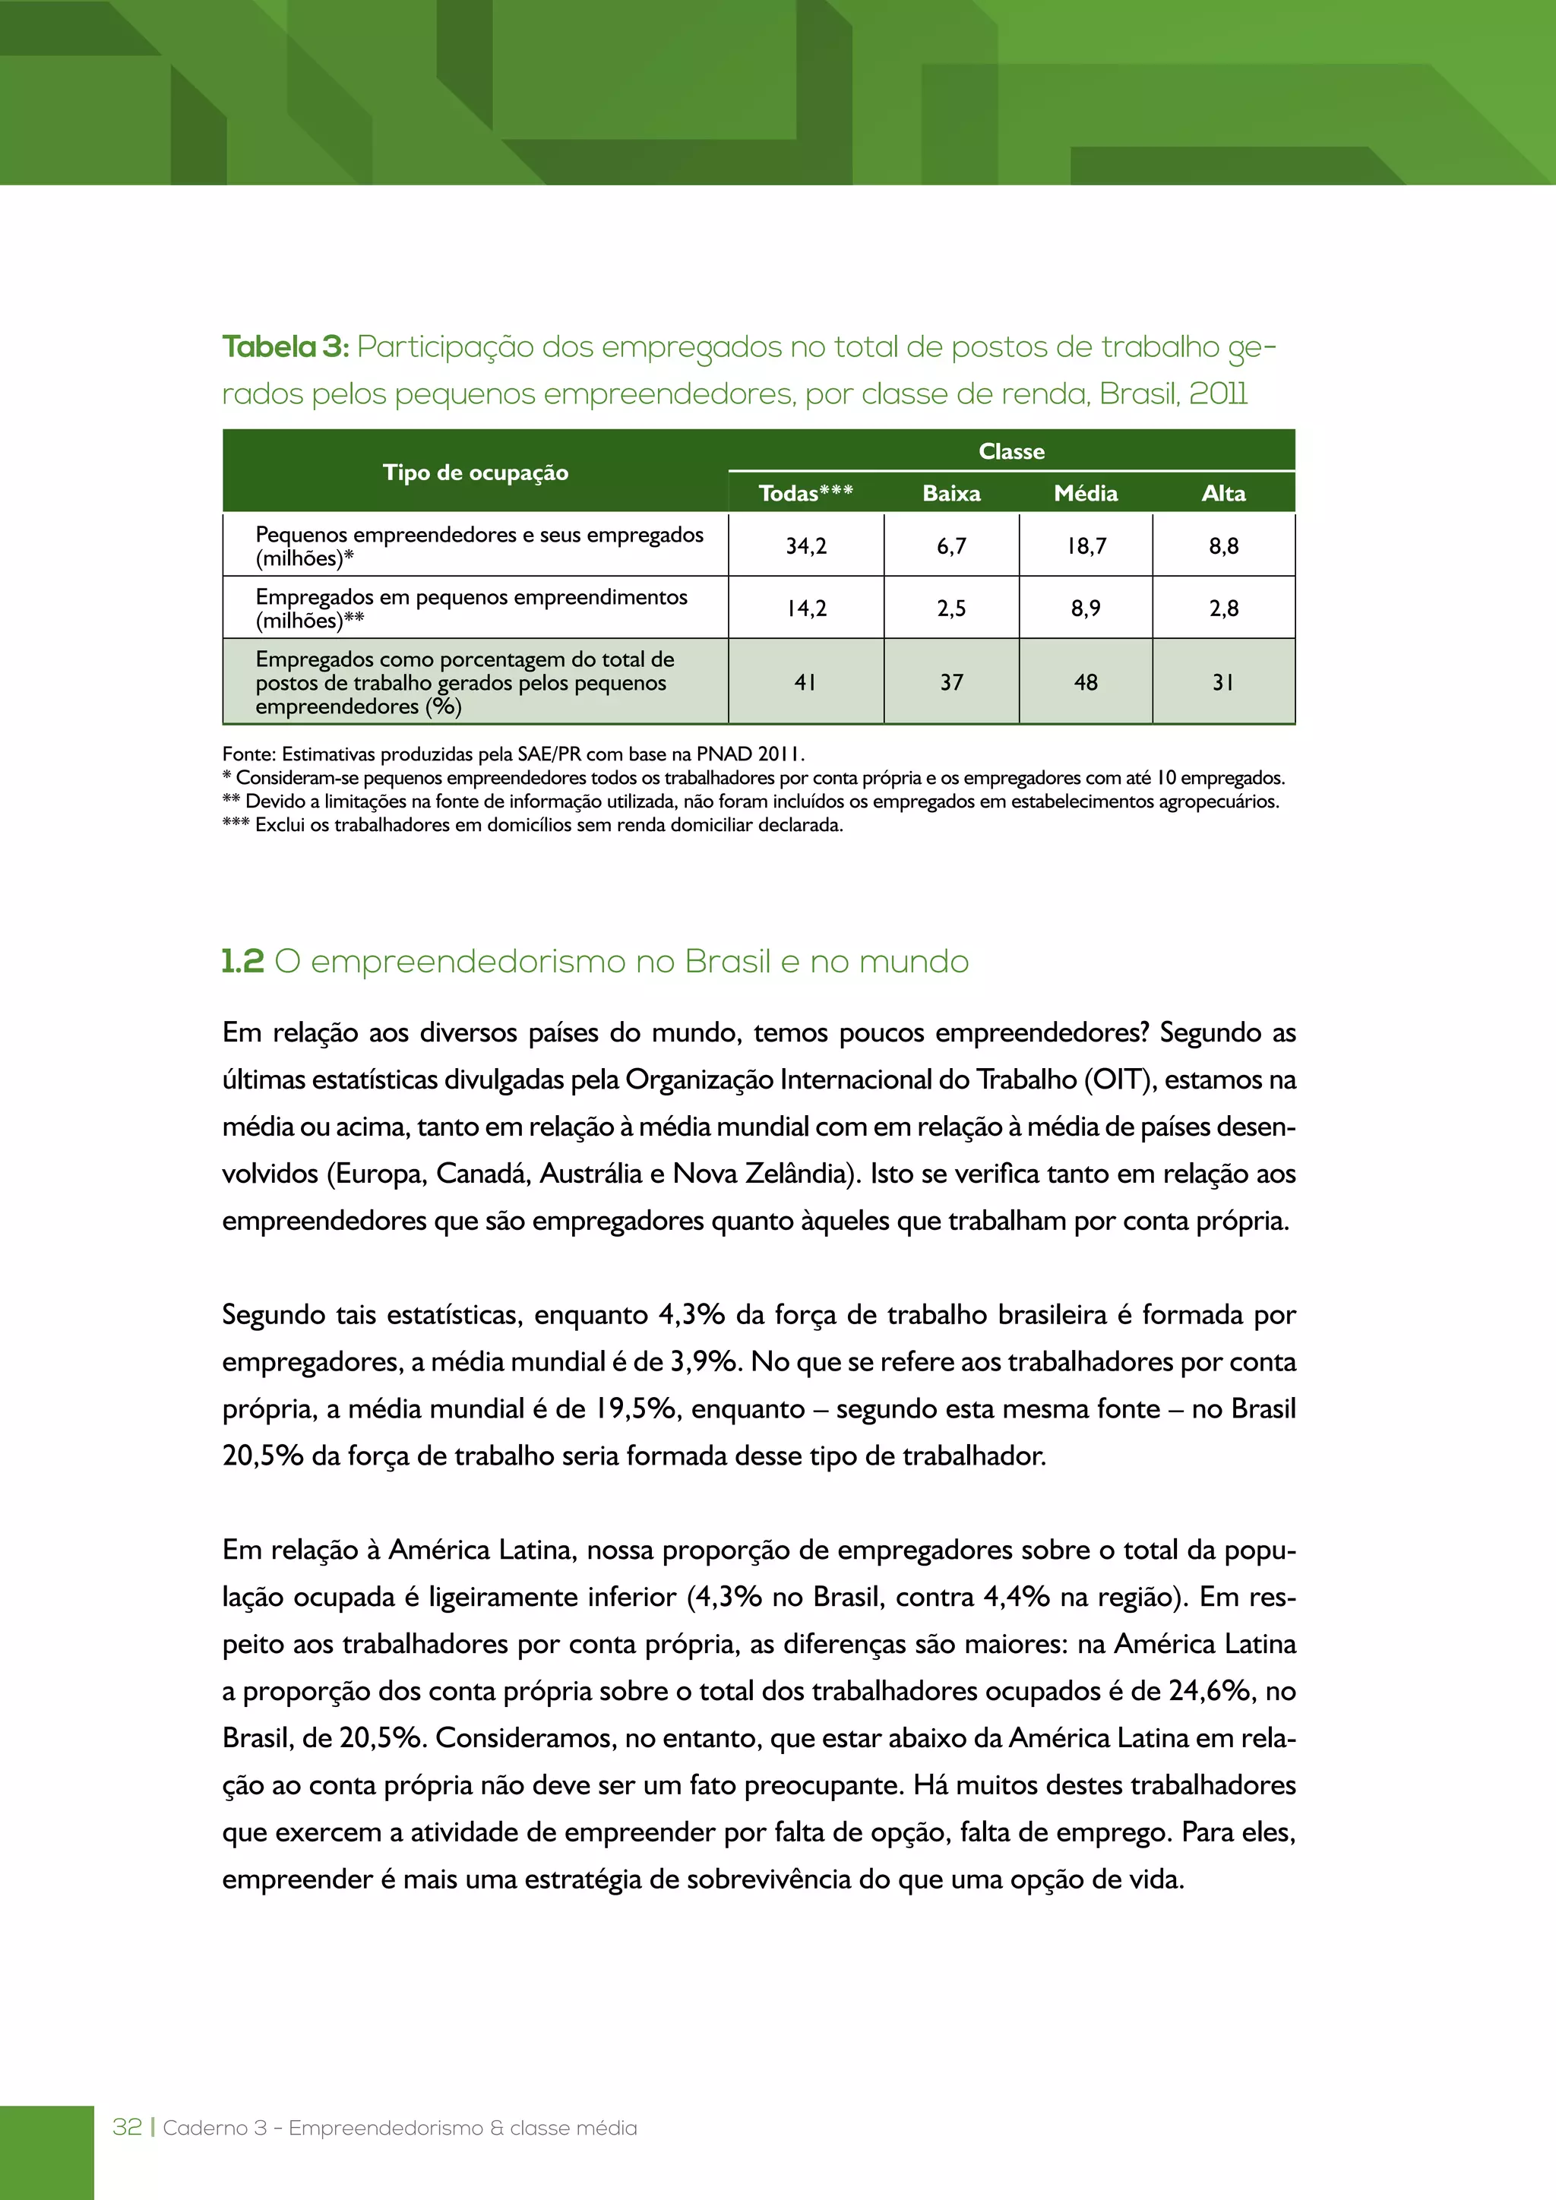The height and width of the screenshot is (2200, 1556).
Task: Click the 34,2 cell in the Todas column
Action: coord(806,546)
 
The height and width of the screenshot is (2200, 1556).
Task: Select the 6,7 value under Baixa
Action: coord(950,546)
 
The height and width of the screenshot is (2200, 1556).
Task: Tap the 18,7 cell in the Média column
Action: coord(1086,546)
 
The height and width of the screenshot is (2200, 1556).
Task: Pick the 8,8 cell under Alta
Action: coord(1222,546)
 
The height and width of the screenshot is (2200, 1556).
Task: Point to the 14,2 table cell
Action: coord(806,608)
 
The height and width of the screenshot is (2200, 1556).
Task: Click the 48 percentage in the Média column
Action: coord(1086,682)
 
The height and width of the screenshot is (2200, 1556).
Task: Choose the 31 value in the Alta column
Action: coord(1222,682)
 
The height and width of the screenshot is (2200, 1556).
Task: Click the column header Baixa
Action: coord(950,494)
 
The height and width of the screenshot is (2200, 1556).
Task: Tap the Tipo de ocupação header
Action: coord(475,473)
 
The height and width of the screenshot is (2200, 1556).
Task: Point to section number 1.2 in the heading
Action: coord(242,961)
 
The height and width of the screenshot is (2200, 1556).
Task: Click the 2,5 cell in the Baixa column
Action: coord(950,608)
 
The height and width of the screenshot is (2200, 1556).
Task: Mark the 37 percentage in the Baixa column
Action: coord(950,682)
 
